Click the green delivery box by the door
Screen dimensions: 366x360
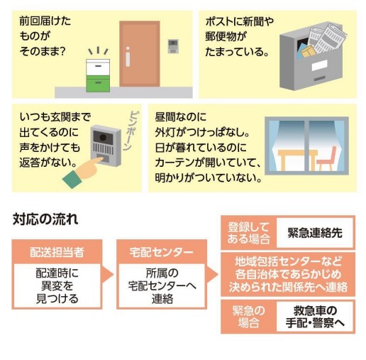(x=98, y=84)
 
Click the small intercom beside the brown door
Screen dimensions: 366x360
(x=173, y=46)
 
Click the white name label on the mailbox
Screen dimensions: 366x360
(x=319, y=65)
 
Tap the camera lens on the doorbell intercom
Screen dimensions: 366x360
(x=103, y=137)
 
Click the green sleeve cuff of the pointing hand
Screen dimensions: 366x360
(x=72, y=179)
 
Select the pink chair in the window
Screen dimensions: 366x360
(x=328, y=158)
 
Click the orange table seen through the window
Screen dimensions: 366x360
(x=296, y=160)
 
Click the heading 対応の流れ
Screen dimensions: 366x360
(x=45, y=219)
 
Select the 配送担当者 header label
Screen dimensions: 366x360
(x=57, y=252)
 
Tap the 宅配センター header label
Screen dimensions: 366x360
(x=162, y=252)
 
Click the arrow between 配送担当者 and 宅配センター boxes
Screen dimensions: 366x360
(x=107, y=275)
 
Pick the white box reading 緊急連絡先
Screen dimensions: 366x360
(x=315, y=233)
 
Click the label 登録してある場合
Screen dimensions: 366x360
(x=248, y=233)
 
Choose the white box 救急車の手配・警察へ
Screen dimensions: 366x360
(x=315, y=317)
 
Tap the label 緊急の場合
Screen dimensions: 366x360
(x=248, y=317)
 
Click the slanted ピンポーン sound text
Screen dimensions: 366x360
(x=131, y=131)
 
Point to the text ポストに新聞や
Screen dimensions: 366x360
(x=239, y=21)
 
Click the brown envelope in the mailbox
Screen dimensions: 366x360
(x=309, y=51)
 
